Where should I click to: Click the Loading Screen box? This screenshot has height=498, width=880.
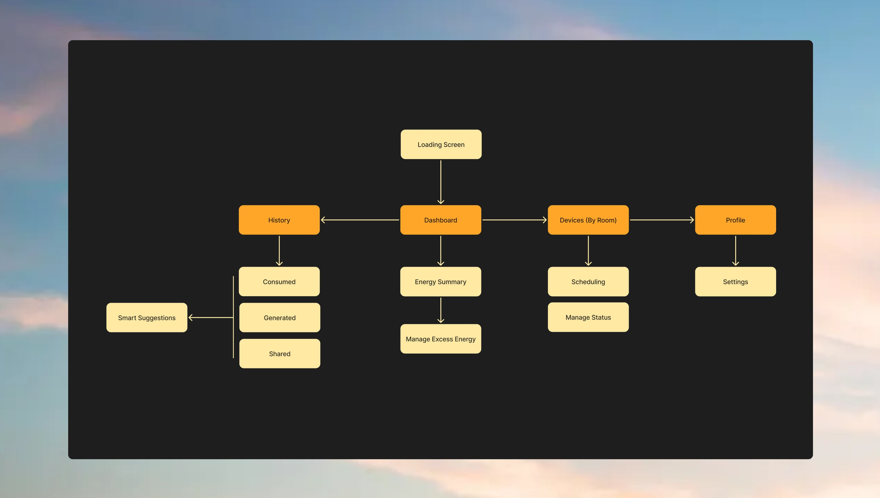coord(441,144)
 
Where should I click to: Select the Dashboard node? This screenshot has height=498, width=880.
coord(440,220)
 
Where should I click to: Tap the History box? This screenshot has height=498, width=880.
coord(279,220)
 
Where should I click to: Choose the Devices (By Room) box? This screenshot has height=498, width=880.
coord(588,220)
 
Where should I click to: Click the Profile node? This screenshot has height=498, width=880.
coord(735,220)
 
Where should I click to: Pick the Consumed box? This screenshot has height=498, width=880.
coord(279,281)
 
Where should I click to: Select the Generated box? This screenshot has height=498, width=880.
coord(279,317)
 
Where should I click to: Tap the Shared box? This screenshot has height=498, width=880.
coord(279,353)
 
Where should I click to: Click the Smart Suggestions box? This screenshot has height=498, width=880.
coord(147,317)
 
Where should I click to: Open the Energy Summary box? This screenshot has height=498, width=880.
coord(440,281)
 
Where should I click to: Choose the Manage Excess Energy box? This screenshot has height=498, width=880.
coord(440,339)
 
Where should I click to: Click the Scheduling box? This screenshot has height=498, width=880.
coord(588,281)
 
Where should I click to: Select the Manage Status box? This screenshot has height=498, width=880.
coord(588,317)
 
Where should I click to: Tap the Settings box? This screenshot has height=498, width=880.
coord(735,281)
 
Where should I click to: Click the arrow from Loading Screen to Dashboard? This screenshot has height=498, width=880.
coord(441,182)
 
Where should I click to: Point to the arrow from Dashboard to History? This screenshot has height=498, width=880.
coord(360,220)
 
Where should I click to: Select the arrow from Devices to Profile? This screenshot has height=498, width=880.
coord(662,220)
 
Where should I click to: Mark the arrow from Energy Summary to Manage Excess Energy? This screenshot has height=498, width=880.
coord(441,310)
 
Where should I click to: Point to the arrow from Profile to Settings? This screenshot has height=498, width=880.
coord(735,250)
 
